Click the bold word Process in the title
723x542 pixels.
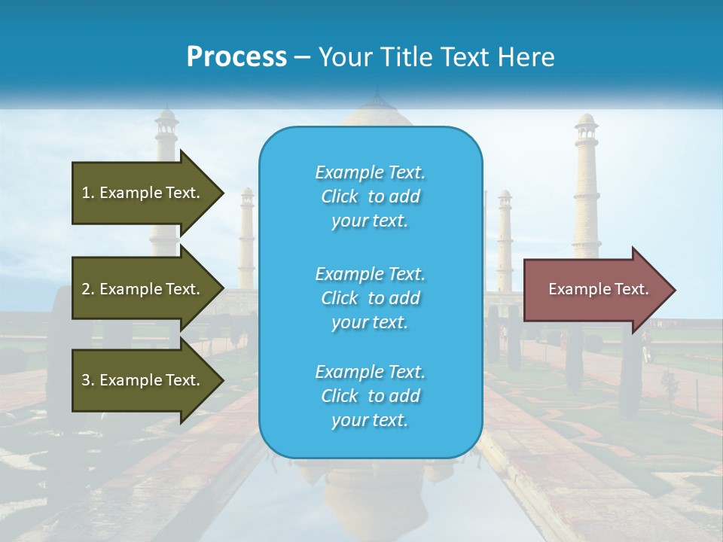[236, 57]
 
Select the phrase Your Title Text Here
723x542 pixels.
[436, 57]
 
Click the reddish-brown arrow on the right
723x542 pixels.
[595, 289]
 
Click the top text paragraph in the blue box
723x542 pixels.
[370, 196]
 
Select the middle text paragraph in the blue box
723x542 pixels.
[370, 298]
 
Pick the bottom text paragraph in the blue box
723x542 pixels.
[370, 396]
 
